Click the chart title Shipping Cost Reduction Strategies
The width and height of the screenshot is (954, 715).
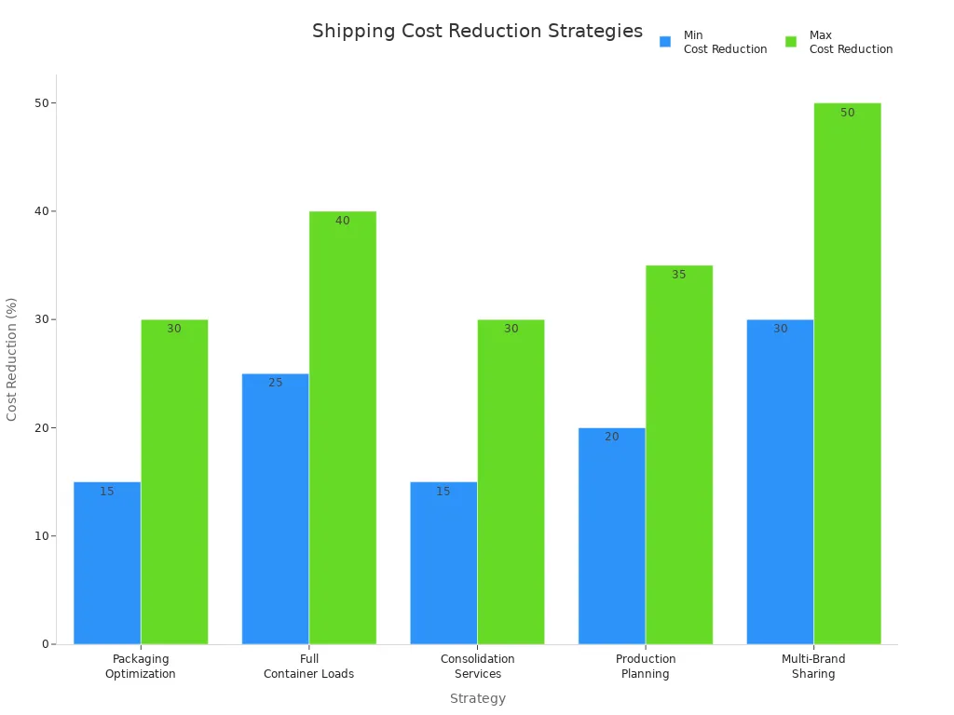click(x=477, y=31)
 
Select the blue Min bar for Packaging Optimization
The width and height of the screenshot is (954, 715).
click(x=107, y=563)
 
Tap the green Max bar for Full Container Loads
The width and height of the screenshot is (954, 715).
click(x=343, y=428)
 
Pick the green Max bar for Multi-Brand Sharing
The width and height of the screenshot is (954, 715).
click(x=847, y=372)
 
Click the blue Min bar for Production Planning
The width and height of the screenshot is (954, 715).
click(x=611, y=536)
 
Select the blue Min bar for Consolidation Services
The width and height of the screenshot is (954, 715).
click(x=443, y=563)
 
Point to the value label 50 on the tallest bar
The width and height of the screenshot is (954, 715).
click(x=847, y=113)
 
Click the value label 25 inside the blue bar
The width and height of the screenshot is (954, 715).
click(x=276, y=383)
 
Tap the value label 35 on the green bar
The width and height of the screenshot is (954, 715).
click(x=678, y=275)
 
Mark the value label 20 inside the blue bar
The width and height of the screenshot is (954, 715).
click(x=611, y=437)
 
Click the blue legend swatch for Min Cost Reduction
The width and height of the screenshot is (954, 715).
click(x=665, y=42)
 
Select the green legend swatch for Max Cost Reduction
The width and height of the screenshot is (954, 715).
click(x=791, y=42)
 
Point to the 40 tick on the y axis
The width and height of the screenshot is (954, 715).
click(x=41, y=211)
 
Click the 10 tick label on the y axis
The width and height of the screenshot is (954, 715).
click(x=41, y=536)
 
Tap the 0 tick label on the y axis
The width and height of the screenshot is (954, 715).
click(x=45, y=644)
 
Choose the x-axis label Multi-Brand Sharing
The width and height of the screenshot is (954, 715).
click(x=813, y=667)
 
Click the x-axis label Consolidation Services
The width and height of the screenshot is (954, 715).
click(x=477, y=667)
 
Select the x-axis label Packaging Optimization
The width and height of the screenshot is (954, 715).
click(x=141, y=667)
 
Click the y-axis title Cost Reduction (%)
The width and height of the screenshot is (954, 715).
click(x=12, y=358)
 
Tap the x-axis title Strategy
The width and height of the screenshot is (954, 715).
click(x=477, y=698)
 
